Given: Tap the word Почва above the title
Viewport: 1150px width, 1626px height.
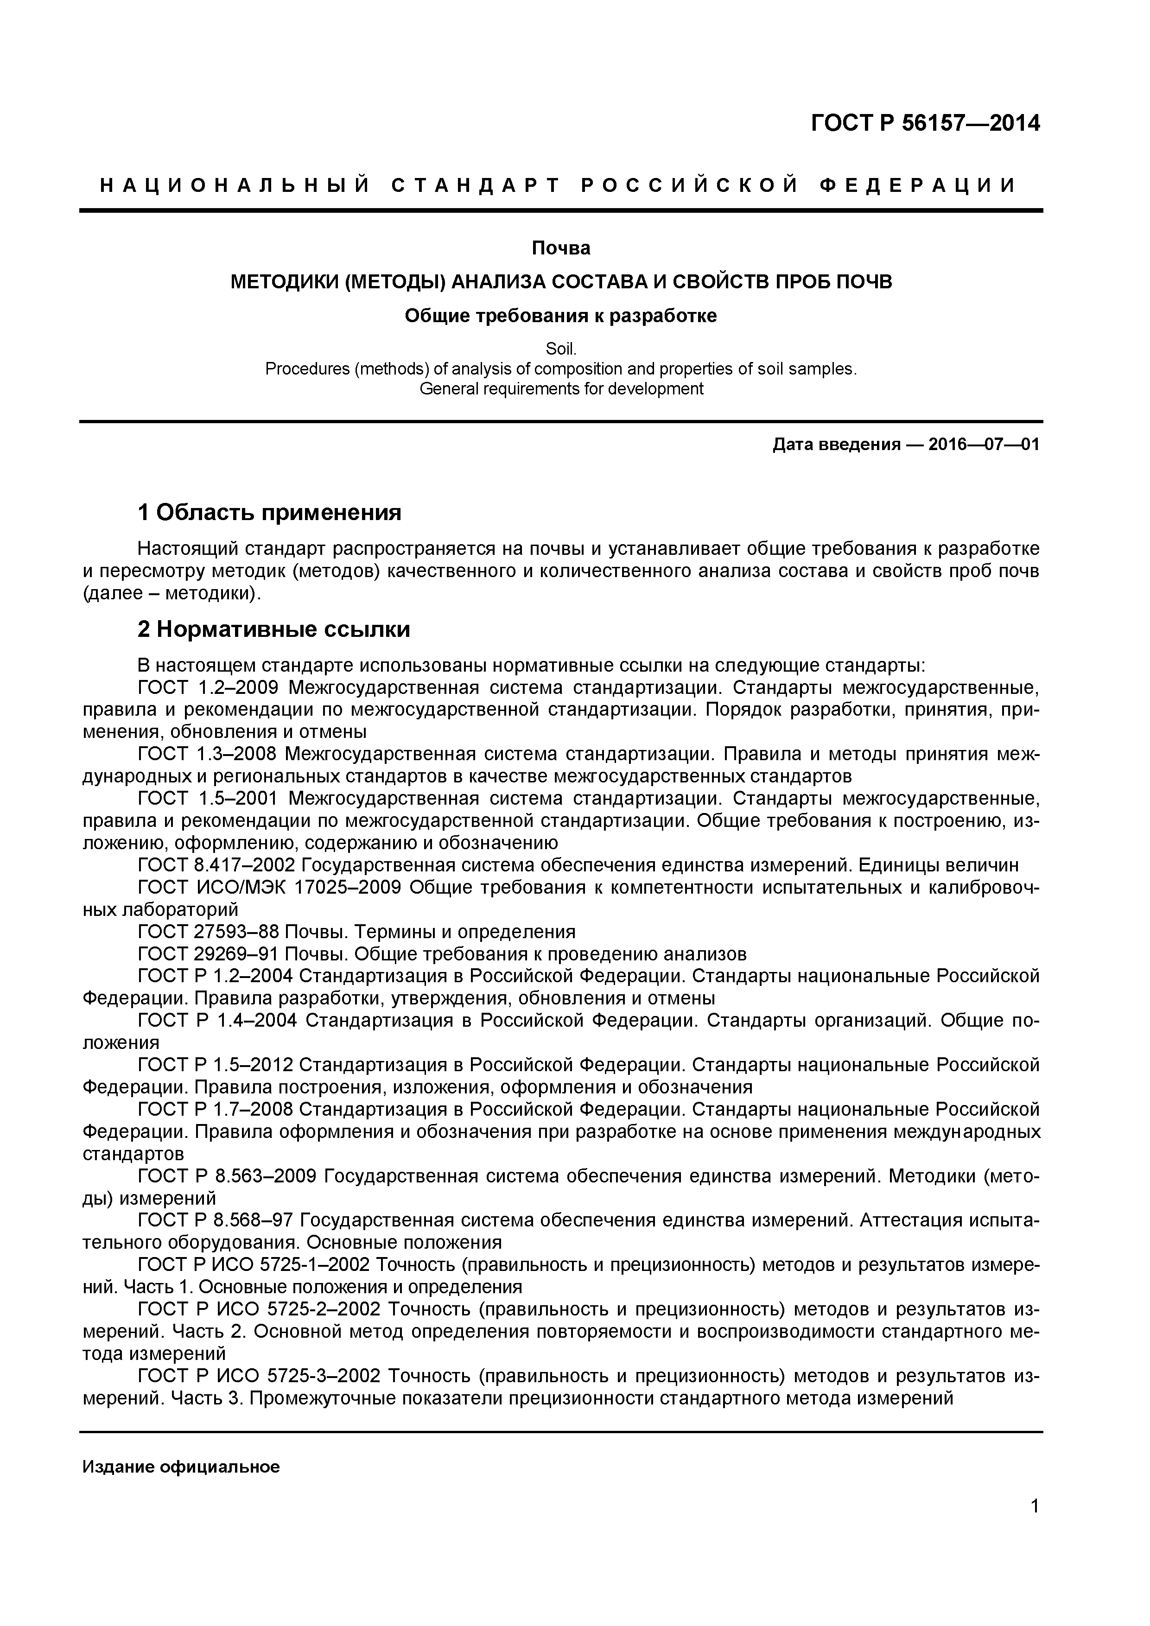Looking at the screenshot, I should (x=561, y=248).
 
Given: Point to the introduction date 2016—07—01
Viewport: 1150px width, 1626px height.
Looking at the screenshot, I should (x=984, y=445).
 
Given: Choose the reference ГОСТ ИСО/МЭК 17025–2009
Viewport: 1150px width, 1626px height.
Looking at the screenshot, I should (x=269, y=887).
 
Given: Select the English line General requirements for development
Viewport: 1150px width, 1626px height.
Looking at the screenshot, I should (x=561, y=389).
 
